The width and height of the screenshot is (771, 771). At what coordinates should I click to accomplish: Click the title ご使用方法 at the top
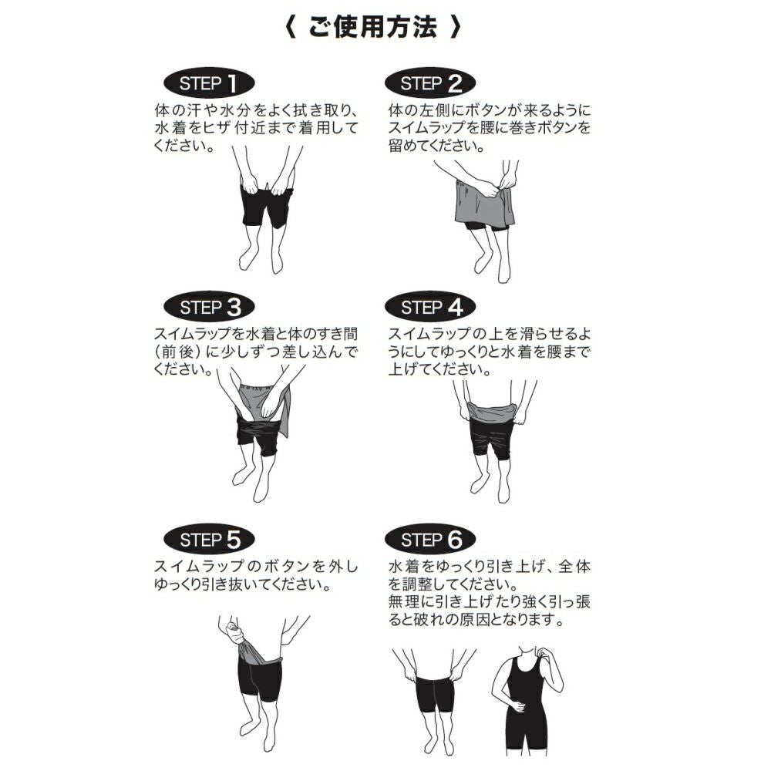click(x=372, y=29)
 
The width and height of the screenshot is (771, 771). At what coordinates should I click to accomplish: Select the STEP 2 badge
click(x=431, y=83)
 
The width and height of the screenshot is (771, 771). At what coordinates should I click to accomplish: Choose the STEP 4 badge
click(x=431, y=308)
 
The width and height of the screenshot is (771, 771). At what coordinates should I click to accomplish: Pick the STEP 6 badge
click(x=431, y=540)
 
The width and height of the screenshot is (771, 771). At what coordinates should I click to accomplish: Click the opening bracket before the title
click(x=289, y=29)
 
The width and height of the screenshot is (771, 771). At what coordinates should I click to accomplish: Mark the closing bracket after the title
click(x=456, y=29)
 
